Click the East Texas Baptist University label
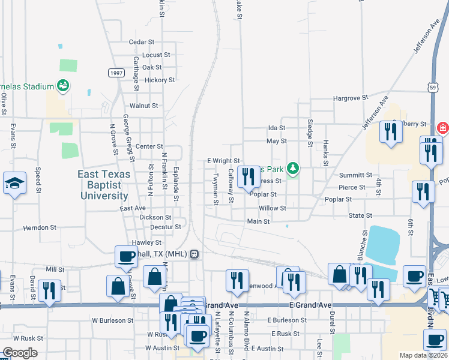click(x=103, y=185)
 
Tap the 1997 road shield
click(x=116, y=73)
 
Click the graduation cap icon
click(x=14, y=184)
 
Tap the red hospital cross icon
click(x=443, y=128)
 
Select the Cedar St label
click(x=142, y=42)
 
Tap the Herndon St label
click(x=40, y=228)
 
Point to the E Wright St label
click(x=223, y=161)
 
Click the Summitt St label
click(x=356, y=175)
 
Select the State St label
click(x=361, y=215)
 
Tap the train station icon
click(x=194, y=254)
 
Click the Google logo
click(x=20, y=353)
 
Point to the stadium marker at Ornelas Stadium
click(x=62, y=86)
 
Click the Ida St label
click(x=277, y=128)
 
